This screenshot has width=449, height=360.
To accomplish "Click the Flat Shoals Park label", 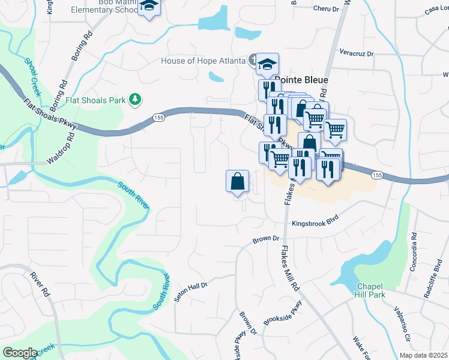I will coord(96,100).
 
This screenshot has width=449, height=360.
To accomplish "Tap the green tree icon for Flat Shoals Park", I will coord(136,99).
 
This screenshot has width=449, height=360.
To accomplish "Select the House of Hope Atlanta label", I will coord(203,61).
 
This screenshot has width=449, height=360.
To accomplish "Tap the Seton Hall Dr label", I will coord(191,292).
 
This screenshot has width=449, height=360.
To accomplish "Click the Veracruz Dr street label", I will coord(356,53).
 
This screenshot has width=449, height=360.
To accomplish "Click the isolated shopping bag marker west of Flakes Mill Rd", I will coord(237,181).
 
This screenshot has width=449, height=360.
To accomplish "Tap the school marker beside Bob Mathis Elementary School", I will coord(148,8).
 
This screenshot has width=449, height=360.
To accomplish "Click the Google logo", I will coord(20,353).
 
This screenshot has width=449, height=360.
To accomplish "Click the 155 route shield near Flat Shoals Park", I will coord(157,117).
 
